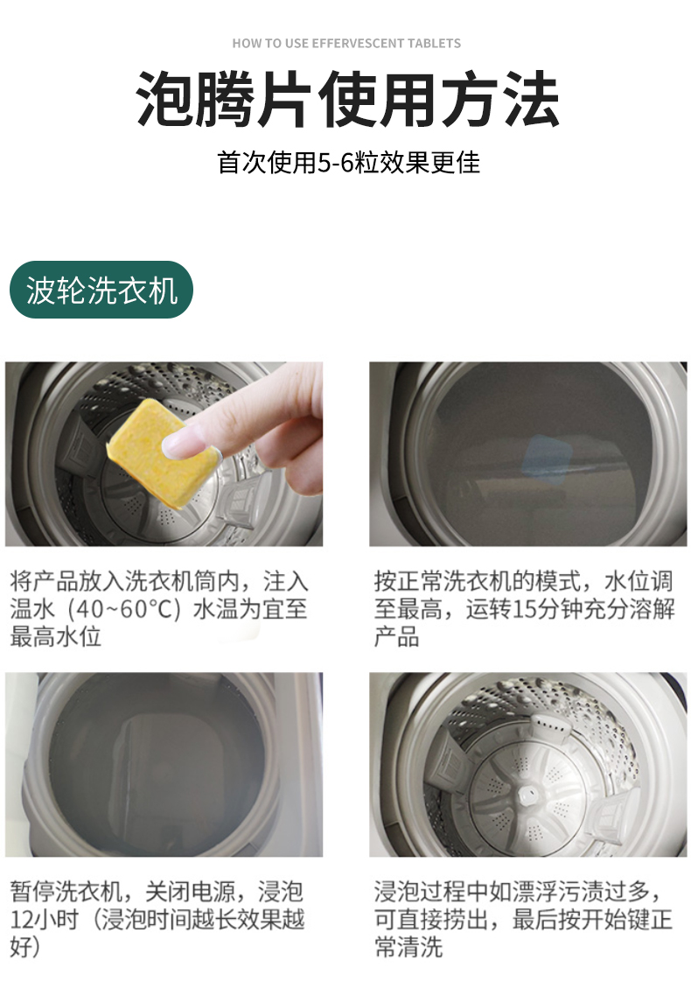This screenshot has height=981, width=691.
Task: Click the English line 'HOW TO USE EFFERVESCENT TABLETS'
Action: coord(346,43)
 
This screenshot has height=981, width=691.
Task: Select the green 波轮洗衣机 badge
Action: coord(101,290)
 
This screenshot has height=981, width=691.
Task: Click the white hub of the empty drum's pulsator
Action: coord(527,795)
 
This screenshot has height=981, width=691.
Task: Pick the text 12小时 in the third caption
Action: coord(44,919)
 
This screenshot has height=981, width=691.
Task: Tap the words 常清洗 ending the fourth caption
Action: coord(408,947)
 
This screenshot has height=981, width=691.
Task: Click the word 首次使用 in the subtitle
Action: coord(267,163)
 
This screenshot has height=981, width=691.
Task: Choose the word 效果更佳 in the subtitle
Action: coord(430,163)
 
